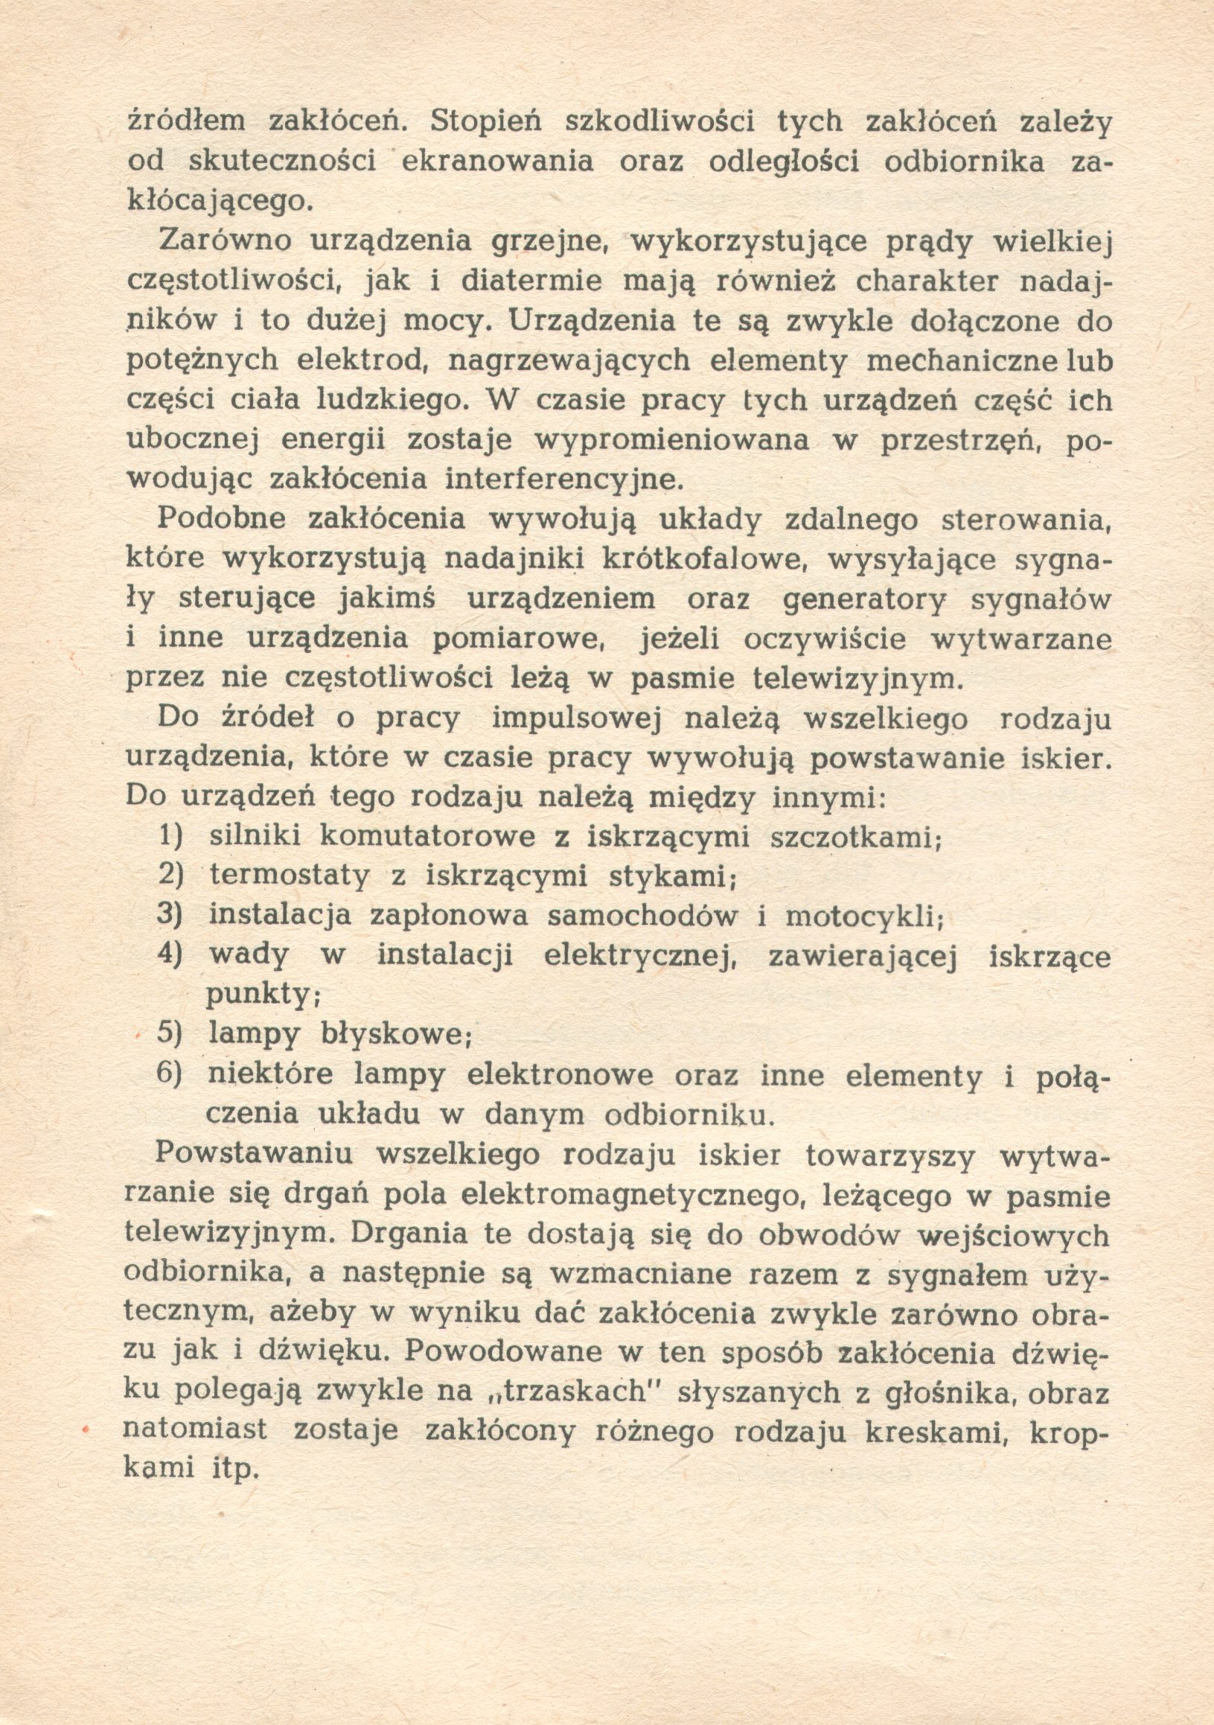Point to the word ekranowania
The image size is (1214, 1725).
coord(497,162)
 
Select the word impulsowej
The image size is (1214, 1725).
coord(575,718)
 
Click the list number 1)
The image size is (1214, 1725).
coord(170,836)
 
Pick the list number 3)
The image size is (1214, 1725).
coord(170,915)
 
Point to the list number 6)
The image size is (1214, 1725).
coord(170,1074)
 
